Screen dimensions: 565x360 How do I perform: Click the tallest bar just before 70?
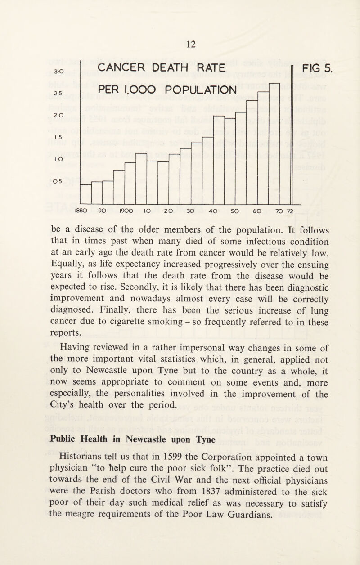274,144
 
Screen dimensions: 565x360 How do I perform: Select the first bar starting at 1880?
85,194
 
